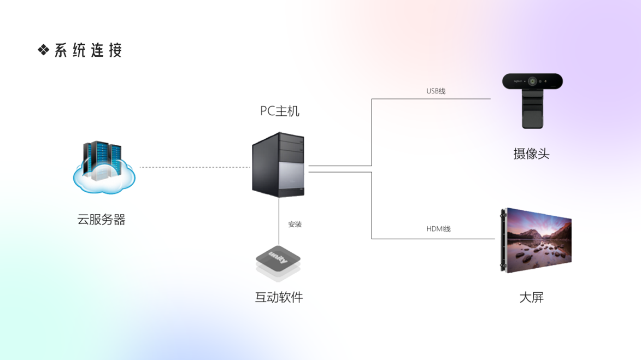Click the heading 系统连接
point(88,50)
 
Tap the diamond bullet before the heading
point(43,50)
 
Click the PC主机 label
point(279,111)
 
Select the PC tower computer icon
point(278,164)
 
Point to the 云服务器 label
point(101,220)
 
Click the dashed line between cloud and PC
point(194,167)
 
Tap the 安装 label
point(295,224)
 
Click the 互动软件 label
point(279,297)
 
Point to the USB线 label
point(436,91)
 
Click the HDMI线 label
point(438,229)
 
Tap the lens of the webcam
point(532,81)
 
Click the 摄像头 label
point(531,154)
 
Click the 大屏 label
point(531,297)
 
